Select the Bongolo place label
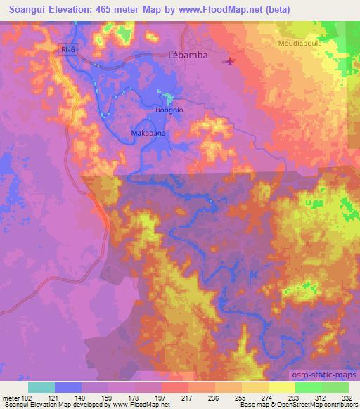tap(169, 110)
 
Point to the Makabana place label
tap(148, 131)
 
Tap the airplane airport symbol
tap(230, 62)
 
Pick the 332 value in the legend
tap(348, 398)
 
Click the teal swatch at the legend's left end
tap(41, 387)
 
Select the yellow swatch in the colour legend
tap(282, 387)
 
